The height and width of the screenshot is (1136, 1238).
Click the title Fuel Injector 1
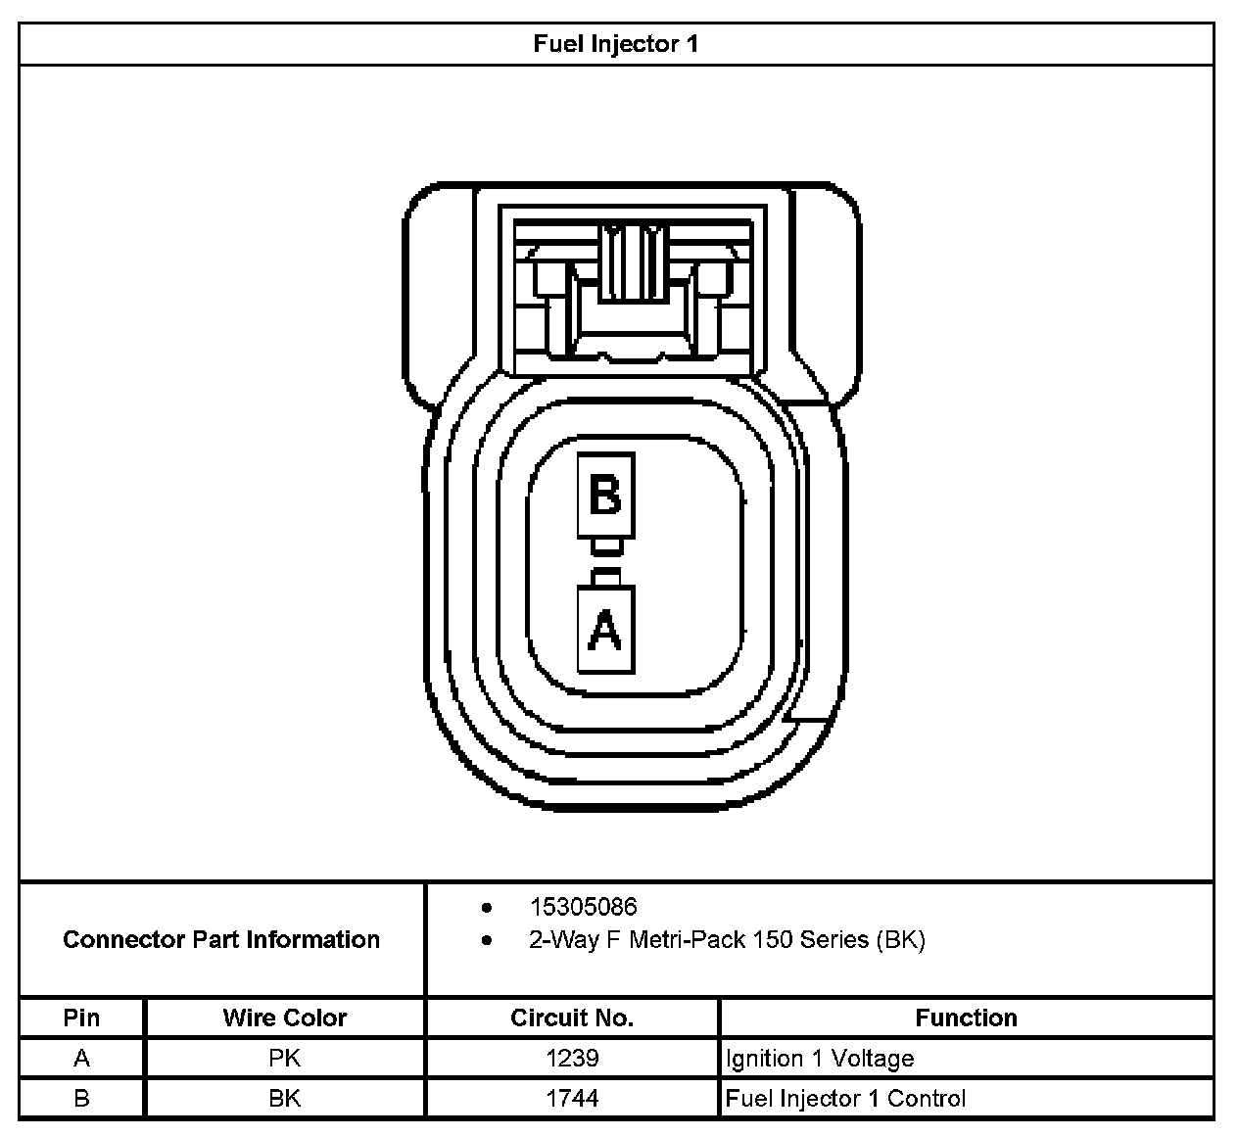click(x=615, y=44)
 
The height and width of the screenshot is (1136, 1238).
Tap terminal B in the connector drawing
click(x=605, y=495)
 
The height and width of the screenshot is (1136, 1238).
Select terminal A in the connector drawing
click(x=605, y=629)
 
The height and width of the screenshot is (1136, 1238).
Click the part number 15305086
click(x=583, y=907)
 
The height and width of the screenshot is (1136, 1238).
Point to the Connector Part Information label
click(x=221, y=939)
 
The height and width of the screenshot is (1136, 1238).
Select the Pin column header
click(x=81, y=1018)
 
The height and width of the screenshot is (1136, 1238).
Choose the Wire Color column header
click(x=284, y=1018)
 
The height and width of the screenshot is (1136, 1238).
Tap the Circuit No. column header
click(x=572, y=1018)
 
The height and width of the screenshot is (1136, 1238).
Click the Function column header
click(x=966, y=1018)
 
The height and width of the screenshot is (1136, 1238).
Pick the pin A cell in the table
click(x=81, y=1058)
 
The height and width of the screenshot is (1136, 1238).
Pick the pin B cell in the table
click(x=81, y=1098)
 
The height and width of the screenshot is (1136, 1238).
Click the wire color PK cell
click(x=284, y=1058)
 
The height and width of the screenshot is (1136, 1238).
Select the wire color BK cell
click(x=284, y=1098)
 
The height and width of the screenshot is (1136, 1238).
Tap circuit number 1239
click(x=572, y=1058)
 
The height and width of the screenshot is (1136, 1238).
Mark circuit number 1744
click(x=572, y=1098)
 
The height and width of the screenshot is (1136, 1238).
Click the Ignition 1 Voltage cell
click(x=820, y=1058)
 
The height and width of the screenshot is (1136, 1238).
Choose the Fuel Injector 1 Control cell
click(x=845, y=1098)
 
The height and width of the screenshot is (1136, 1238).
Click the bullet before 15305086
click(x=487, y=908)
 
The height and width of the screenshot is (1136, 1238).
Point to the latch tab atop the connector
click(x=633, y=264)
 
